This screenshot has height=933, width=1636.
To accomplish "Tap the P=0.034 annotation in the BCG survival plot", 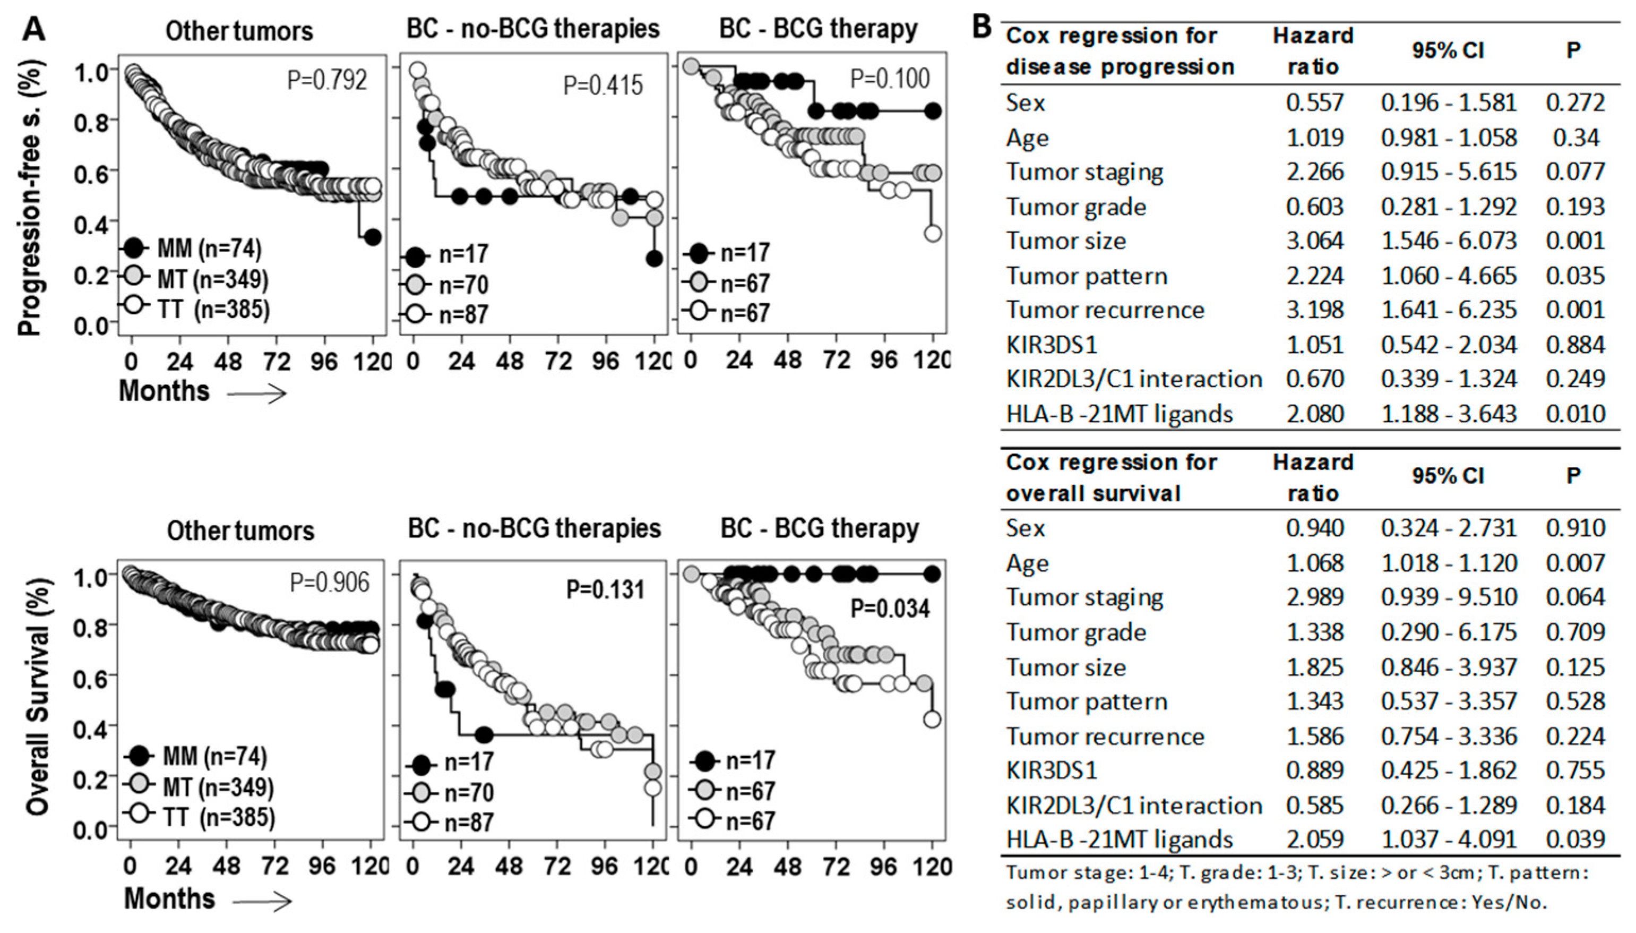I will pos(890,607).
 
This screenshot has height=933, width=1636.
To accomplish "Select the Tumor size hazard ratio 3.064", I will pos(1314,241).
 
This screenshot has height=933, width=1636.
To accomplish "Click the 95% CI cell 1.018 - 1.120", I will pos(1448,563).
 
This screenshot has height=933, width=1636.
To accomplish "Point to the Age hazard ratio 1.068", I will pos(1314,563).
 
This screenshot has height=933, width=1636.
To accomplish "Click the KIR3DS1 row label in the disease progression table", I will pos(1051,345).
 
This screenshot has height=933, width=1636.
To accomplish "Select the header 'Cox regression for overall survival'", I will pos(1112,477).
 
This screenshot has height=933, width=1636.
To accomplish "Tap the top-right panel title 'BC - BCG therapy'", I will pos(818,30).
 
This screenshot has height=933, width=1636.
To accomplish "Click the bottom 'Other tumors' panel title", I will pos(241,530).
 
